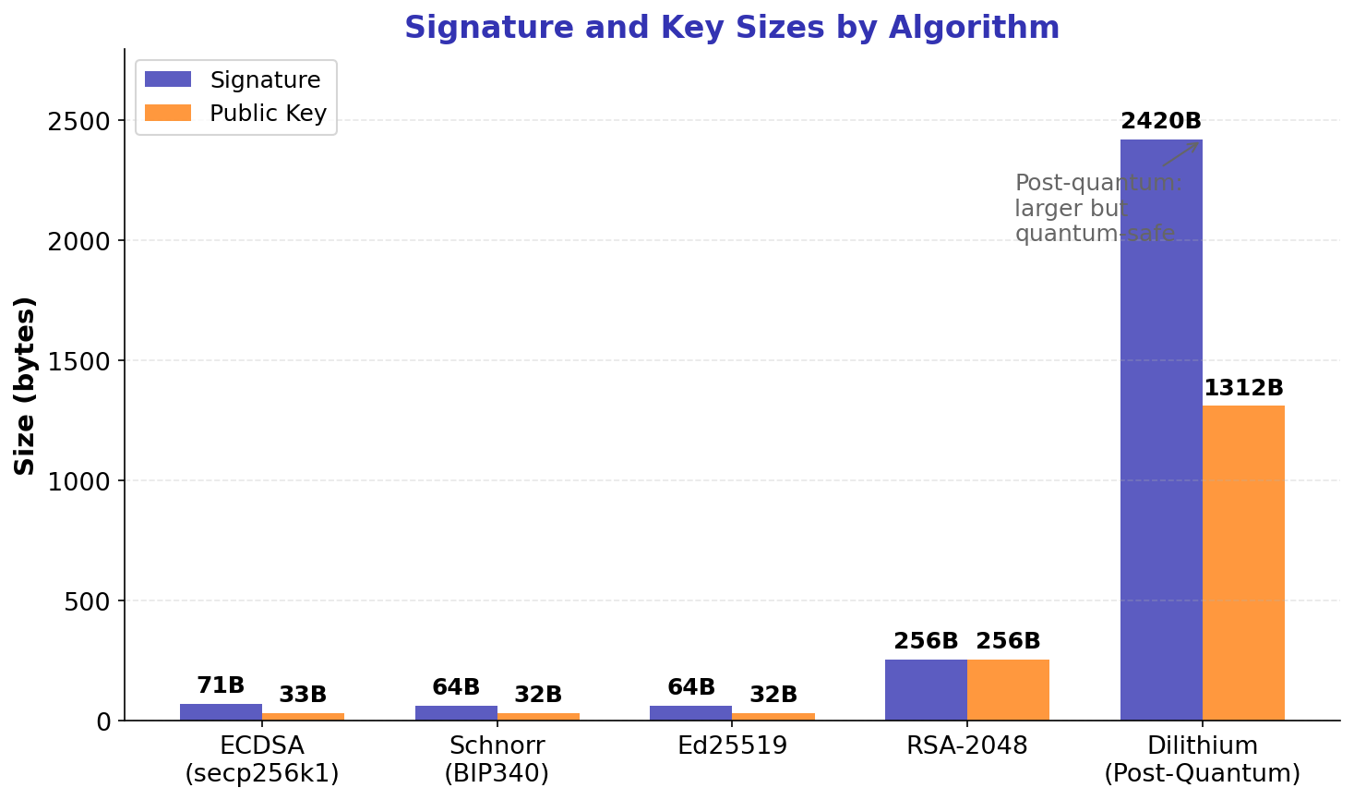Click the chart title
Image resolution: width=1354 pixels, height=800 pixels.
[x=731, y=28]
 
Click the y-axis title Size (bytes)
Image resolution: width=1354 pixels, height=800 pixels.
[x=25, y=385]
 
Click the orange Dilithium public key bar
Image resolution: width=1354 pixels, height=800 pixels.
[x=1243, y=563]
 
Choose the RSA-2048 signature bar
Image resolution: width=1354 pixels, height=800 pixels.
[x=926, y=690]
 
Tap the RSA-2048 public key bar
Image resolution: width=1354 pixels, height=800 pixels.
[x=1008, y=690]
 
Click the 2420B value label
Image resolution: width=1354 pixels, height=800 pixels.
[x=1160, y=121]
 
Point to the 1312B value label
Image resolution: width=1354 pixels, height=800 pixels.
[x=1243, y=388]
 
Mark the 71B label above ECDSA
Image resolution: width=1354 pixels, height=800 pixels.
[x=221, y=685]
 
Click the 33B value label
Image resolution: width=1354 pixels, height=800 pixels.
[x=303, y=695]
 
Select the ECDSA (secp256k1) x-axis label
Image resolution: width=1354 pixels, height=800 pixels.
[x=262, y=759]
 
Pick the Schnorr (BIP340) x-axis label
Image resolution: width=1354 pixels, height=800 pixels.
[x=497, y=759]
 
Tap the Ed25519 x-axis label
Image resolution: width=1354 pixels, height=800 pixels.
[x=732, y=746]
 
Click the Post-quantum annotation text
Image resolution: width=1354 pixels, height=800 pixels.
[x=1096, y=208]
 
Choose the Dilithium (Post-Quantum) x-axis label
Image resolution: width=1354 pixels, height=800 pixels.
[x=1202, y=759]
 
